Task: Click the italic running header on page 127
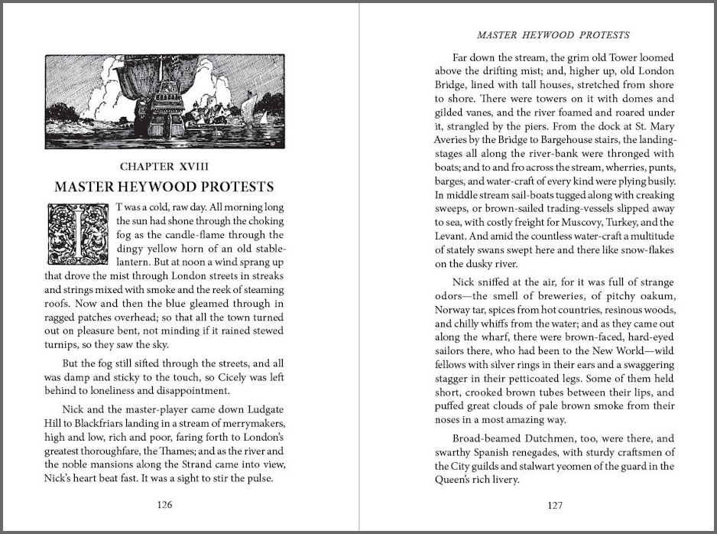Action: [553, 34]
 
